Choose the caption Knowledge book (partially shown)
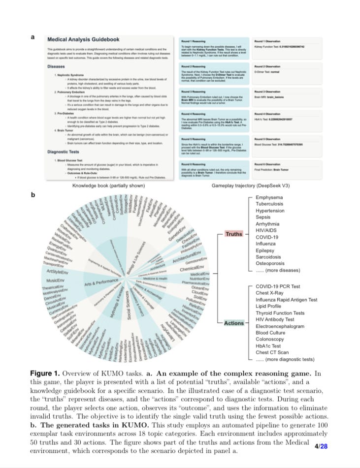pyautogui.click(x=108, y=186)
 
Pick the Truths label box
pyautogui.click(x=233, y=234)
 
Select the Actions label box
pyautogui.click(x=233, y=323)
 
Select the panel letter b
pyautogui.click(x=33, y=195)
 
